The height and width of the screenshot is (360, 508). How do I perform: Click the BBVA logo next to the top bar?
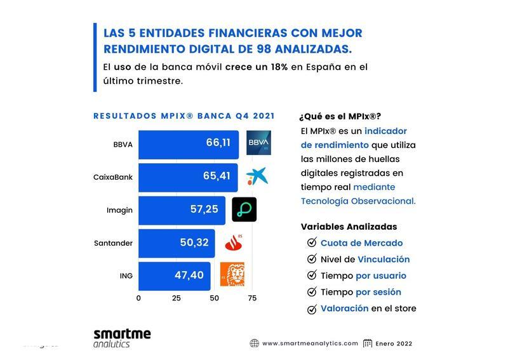click(x=258, y=143)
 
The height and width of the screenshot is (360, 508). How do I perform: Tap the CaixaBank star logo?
click(x=257, y=177)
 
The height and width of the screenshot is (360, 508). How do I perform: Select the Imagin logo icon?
click(x=244, y=210)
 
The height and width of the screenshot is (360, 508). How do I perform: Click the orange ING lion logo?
click(x=232, y=274)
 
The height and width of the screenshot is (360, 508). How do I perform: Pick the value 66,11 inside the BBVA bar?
click(x=218, y=143)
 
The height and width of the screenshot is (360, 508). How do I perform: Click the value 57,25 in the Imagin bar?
click(x=204, y=209)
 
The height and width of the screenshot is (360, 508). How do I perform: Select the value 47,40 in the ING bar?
click(x=189, y=275)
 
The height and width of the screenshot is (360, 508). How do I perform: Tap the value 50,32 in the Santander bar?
click(x=194, y=242)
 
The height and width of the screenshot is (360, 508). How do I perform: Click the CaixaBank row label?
click(x=113, y=177)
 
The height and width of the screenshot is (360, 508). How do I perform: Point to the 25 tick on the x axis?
click(x=177, y=298)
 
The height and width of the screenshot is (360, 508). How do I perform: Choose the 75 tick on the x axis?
click(x=252, y=298)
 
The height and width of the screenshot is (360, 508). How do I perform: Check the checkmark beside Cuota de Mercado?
click(x=311, y=243)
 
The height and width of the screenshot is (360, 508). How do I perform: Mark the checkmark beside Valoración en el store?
click(x=311, y=309)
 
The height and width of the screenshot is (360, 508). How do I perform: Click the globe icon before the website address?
click(x=254, y=343)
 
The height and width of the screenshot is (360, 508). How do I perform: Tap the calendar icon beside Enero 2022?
click(x=367, y=343)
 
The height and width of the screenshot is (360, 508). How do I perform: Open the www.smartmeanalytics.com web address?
click(x=310, y=343)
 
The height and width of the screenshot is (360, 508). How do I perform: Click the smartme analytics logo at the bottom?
click(x=122, y=338)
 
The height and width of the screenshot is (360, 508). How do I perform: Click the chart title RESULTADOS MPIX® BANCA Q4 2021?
click(x=184, y=116)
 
